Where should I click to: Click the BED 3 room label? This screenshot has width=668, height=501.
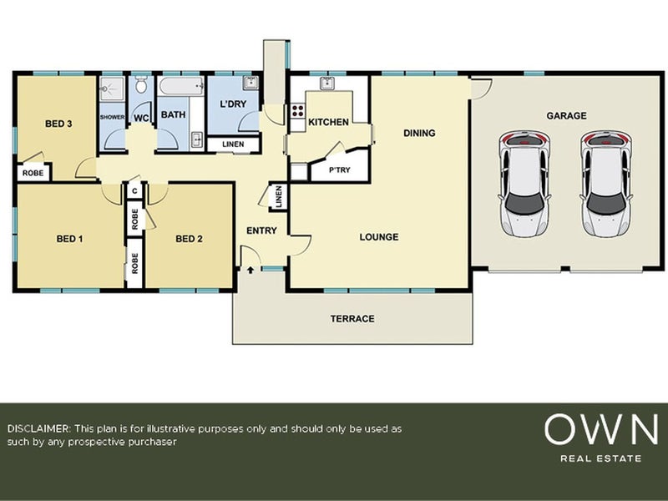click(x=58, y=124)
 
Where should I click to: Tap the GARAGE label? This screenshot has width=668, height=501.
click(x=566, y=115)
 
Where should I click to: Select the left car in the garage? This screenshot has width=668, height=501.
click(x=524, y=184)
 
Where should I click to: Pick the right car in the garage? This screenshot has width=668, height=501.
click(x=606, y=184)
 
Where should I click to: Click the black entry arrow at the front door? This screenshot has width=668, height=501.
click(x=250, y=269)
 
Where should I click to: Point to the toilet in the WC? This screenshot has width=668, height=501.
click(x=140, y=84)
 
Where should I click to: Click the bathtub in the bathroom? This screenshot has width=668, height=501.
click(x=181, y=87)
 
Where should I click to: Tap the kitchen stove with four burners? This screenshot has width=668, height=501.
click(x=297, y=111)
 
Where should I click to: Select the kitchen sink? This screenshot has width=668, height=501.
click(x=327, y=83)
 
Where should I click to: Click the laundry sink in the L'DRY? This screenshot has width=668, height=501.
click(x=250, y=83)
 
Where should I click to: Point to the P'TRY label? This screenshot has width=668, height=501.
click(x=340, y=170)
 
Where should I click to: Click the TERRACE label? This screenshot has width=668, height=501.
click(x=352, y=319)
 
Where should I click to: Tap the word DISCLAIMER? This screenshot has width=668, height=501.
click(x=38, y=428)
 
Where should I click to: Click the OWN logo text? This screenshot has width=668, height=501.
click(x=600, y=429)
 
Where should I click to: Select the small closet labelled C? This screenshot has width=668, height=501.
click(x=134, y=191)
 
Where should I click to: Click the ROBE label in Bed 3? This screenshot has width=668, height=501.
click(x=33, y=173)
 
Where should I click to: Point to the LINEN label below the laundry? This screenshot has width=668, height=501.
click(x=233, y=144)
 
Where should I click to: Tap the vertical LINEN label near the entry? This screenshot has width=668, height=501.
click(x=279, y=196)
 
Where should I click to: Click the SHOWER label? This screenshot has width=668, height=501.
click(x=113, y=117)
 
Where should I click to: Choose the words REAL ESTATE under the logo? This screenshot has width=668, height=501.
click(x=600, y=458)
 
